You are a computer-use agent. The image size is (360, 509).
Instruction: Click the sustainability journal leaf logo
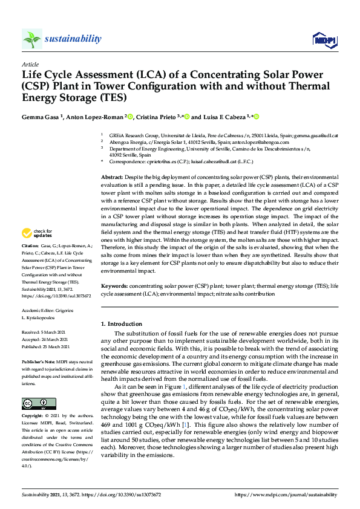[32, 39]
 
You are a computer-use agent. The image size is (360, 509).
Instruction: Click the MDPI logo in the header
[324, 40]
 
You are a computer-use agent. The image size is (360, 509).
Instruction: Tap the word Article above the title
[30, 63]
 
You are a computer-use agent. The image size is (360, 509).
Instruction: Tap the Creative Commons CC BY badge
[39, 403]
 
